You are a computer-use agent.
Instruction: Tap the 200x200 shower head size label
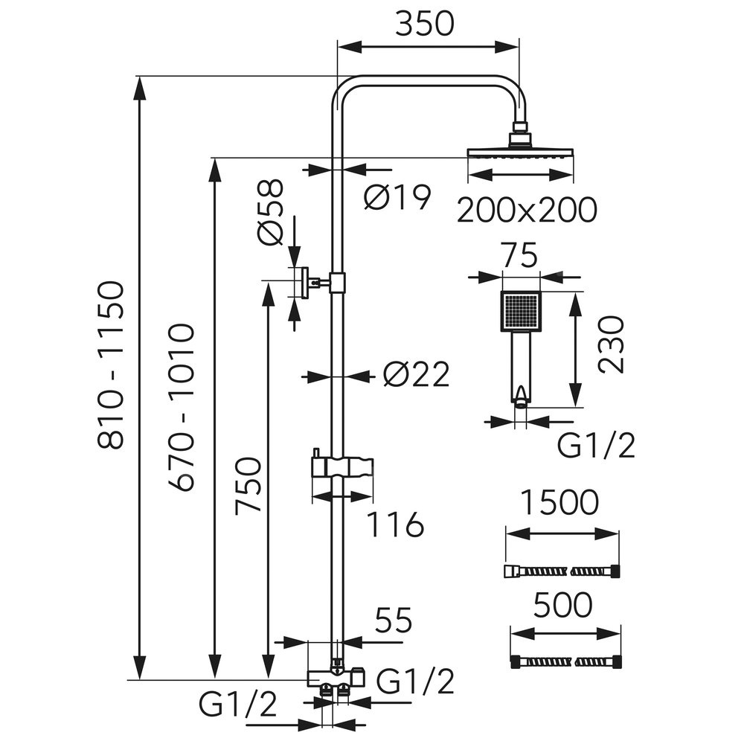[527, 211]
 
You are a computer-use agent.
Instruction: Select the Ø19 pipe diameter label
[398, 197]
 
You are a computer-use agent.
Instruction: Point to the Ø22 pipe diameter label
[417, 376]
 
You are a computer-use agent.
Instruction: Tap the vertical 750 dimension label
[248, 486]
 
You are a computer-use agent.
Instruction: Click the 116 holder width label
[395, 525]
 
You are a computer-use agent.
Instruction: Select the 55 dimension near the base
[393, 619]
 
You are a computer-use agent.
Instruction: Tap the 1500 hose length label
[560, 503]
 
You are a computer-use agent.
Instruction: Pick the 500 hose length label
[563, 606]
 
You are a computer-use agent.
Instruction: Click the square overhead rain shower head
[521, 153]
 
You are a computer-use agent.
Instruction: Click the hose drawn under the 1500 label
[562, 571]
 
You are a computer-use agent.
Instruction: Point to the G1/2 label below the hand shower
[597, 446]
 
